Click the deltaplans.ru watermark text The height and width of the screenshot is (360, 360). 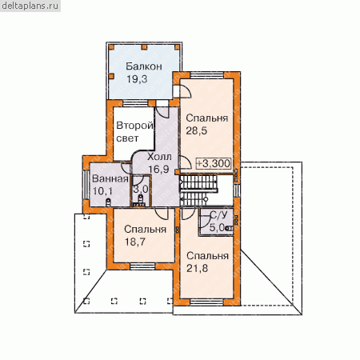(x=30, y=6)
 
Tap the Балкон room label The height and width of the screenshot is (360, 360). (x=144, y=66)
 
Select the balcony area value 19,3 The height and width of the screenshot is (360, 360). (x=137, y=79)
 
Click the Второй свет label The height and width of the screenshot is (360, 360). (x=134, y=132)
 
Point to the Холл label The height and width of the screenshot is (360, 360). (x=159, y=157)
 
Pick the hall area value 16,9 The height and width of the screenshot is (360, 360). (x=158, y=169)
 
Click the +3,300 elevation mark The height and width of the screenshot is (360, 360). (x=214, y=163)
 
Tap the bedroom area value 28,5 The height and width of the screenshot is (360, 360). (x=197, y=131)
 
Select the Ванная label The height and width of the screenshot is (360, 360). (x=110, y=178)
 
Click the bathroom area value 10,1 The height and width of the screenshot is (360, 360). (x=102, y=191)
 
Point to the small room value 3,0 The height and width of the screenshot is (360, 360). (x=141, y=189)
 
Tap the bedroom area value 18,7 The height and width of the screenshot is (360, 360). (x=135, y=242)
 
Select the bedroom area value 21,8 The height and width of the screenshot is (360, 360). (x=197, y=268)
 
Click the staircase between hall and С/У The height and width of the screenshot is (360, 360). (x=199, y=190)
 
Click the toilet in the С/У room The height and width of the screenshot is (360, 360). (x=229, y=228)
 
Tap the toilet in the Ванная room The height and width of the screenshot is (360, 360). (x=108, y=202)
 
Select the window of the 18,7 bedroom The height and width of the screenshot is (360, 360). (x=142, y=266)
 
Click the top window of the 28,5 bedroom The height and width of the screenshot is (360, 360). (x=207, y=75)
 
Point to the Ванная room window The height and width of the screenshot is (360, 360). (x=86, y=185)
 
